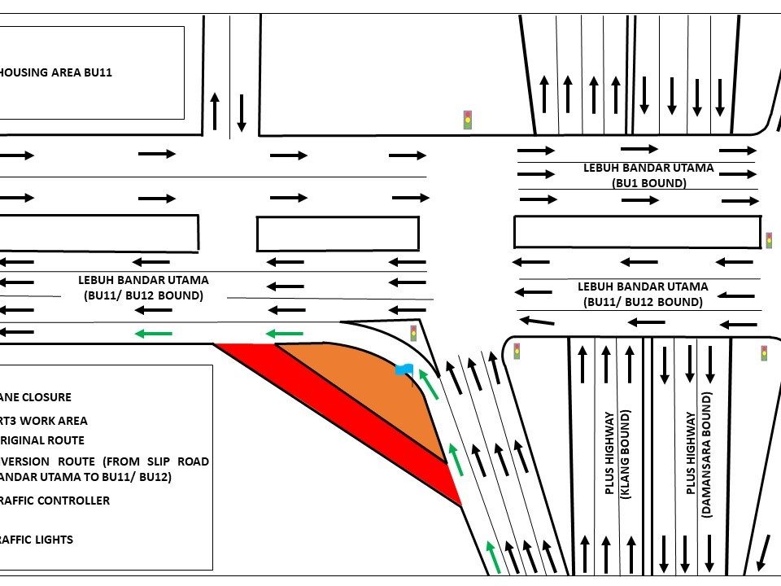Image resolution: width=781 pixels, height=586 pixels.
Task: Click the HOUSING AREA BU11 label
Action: point(55,72)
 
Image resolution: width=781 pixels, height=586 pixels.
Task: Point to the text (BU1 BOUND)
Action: point(648,183)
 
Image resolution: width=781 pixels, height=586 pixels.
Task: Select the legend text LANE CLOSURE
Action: point(36,397)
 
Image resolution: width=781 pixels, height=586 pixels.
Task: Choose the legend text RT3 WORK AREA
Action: point(44,421)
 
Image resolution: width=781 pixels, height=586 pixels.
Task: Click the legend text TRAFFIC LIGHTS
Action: point(37,540)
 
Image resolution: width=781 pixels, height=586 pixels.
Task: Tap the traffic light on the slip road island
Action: point(413,332)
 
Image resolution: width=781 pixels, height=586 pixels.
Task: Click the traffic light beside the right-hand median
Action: point(769,240)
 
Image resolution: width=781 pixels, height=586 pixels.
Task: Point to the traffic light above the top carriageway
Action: point(467,120)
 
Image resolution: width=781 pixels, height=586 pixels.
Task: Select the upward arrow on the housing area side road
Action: point(215,111)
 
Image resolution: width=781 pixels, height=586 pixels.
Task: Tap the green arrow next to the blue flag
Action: point(428,383)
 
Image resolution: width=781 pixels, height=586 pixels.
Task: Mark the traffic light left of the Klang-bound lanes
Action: point(516,352)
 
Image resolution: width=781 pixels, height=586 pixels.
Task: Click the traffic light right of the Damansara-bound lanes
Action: point(764,353)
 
